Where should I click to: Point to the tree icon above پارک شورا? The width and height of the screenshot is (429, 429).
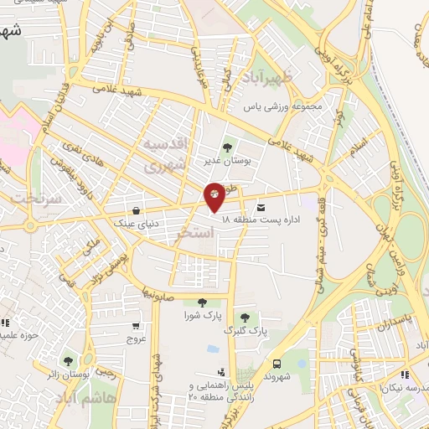(x=200, y=302)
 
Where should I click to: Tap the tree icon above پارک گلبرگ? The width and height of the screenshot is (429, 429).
(x=244, y=318)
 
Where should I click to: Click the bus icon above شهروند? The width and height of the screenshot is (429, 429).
(x=276, y=363)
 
